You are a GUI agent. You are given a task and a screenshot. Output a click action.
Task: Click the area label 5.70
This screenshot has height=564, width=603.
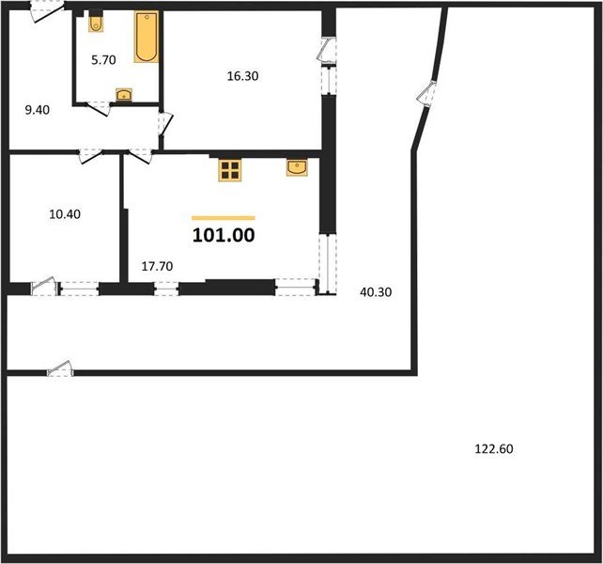(x=103, y=60)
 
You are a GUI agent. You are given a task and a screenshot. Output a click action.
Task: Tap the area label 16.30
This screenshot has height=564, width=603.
(x=242, y=76)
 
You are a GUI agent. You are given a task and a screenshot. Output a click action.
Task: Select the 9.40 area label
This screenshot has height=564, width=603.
(x=38, y=110)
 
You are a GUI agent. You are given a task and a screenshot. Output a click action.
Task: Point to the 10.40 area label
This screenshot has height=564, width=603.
(x=65, y=214)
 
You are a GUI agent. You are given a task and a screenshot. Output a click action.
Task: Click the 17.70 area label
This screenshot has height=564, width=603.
(x=157, y=266)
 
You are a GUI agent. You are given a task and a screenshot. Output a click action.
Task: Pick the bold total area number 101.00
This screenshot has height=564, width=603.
(x=224, y=235)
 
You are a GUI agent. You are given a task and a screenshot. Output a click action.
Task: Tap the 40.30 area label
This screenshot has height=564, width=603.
(x=376, y=292)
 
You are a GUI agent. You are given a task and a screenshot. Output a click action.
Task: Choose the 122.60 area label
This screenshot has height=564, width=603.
(x=494, y=449)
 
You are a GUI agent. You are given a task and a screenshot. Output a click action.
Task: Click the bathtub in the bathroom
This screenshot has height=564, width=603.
(x=147, y=37)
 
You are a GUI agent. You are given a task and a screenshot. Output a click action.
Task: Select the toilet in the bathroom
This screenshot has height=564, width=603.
(x=96, y=23)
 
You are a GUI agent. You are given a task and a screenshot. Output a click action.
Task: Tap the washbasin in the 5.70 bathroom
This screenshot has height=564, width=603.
(x=124, y=94)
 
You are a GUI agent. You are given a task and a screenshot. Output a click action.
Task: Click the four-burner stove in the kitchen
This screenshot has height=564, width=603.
(x=230, y=170)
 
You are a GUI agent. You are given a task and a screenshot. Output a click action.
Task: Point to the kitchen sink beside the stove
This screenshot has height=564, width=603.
(x=297, y=167)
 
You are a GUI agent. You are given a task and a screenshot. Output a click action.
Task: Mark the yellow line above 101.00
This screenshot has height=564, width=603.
(x=224, y=218)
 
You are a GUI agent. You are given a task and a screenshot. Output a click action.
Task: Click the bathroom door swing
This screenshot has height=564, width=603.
(x=98, y=108)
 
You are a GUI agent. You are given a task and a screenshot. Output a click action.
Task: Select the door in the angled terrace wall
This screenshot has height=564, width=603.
(x=426, y=94)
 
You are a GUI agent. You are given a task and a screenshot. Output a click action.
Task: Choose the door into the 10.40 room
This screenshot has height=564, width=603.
(x=91, y=156)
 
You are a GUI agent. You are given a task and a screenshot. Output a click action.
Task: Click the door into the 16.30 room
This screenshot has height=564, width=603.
(x=165, y=123)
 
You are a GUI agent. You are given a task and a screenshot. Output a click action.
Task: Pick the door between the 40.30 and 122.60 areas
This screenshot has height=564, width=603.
(x=60, y=368)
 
